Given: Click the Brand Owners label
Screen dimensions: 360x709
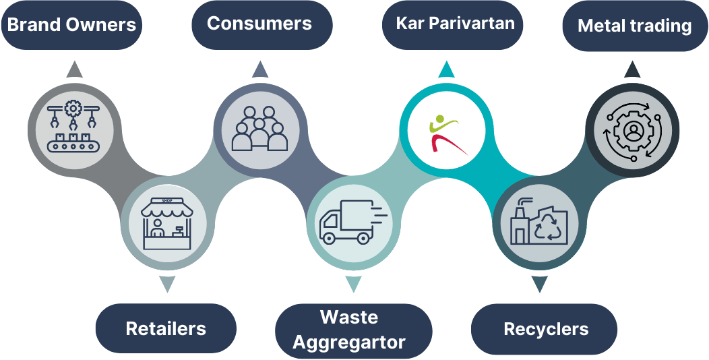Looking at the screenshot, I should click(x=71, y=26).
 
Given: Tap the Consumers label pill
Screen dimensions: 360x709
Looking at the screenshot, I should click(x=259, y=24).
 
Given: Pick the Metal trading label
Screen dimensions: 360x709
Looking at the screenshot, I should click(x=634, y=26).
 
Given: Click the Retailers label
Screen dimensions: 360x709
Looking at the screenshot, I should click(x=166, y=329).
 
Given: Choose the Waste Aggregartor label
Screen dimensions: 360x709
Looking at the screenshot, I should click(x=349, y=330).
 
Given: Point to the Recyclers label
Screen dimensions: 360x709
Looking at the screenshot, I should click(x=546, y=330).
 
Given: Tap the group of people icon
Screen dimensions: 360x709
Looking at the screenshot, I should click(x=259, y=128).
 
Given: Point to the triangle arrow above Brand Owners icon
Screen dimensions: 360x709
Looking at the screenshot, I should click(x=74, y=69).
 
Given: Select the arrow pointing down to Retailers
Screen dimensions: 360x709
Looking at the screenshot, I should click(x=167, y=284).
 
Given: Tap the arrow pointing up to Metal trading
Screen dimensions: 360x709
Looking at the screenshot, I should click(x=632, y=69).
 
